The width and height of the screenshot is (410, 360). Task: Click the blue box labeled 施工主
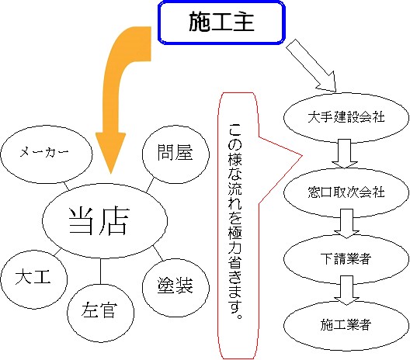pyautogui.click(x=221, y=22)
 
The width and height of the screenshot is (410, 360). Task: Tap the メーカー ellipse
pyautogui.click(x=47, y=154)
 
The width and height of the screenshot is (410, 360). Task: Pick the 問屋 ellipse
pyautogui.click(x=175, y=154)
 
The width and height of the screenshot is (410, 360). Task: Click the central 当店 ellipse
pyautogui.click(x=105, y=221)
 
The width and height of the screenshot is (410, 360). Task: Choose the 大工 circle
pyautogui.click(x=34, y=279)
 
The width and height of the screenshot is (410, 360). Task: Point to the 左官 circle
pyautogui.click(x=101, y=313)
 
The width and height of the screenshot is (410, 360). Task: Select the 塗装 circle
pyautogui.click(x=175, y=287)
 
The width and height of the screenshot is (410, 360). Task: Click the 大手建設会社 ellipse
pyautogui.click(x=346, y=118)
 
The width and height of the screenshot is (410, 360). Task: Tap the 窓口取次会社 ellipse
pyautogui.click(x=346, y=192)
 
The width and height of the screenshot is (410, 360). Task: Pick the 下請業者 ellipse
pyautogui.click(x=346, y=259)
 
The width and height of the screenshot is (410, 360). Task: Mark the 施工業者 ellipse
pyautogui.click(x=346, y=326)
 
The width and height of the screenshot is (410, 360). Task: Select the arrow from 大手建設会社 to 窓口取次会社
pyautogui.click(x=345, y=154)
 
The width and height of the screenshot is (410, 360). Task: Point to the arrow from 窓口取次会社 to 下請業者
pyautogui.click(x=347, y=223)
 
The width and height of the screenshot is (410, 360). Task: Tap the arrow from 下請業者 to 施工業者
pyautogui.click(x=347, y=290)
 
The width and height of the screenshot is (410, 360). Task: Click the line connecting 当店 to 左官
pyautogui.click(x=100, y=272)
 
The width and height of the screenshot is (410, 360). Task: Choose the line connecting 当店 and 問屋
pyautogui.click(x=150, y=185)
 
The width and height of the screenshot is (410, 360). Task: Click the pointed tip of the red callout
pyautogui.click(x=302, y=156)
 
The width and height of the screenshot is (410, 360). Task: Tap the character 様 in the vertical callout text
pyautogui.click(x=235, y=159)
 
